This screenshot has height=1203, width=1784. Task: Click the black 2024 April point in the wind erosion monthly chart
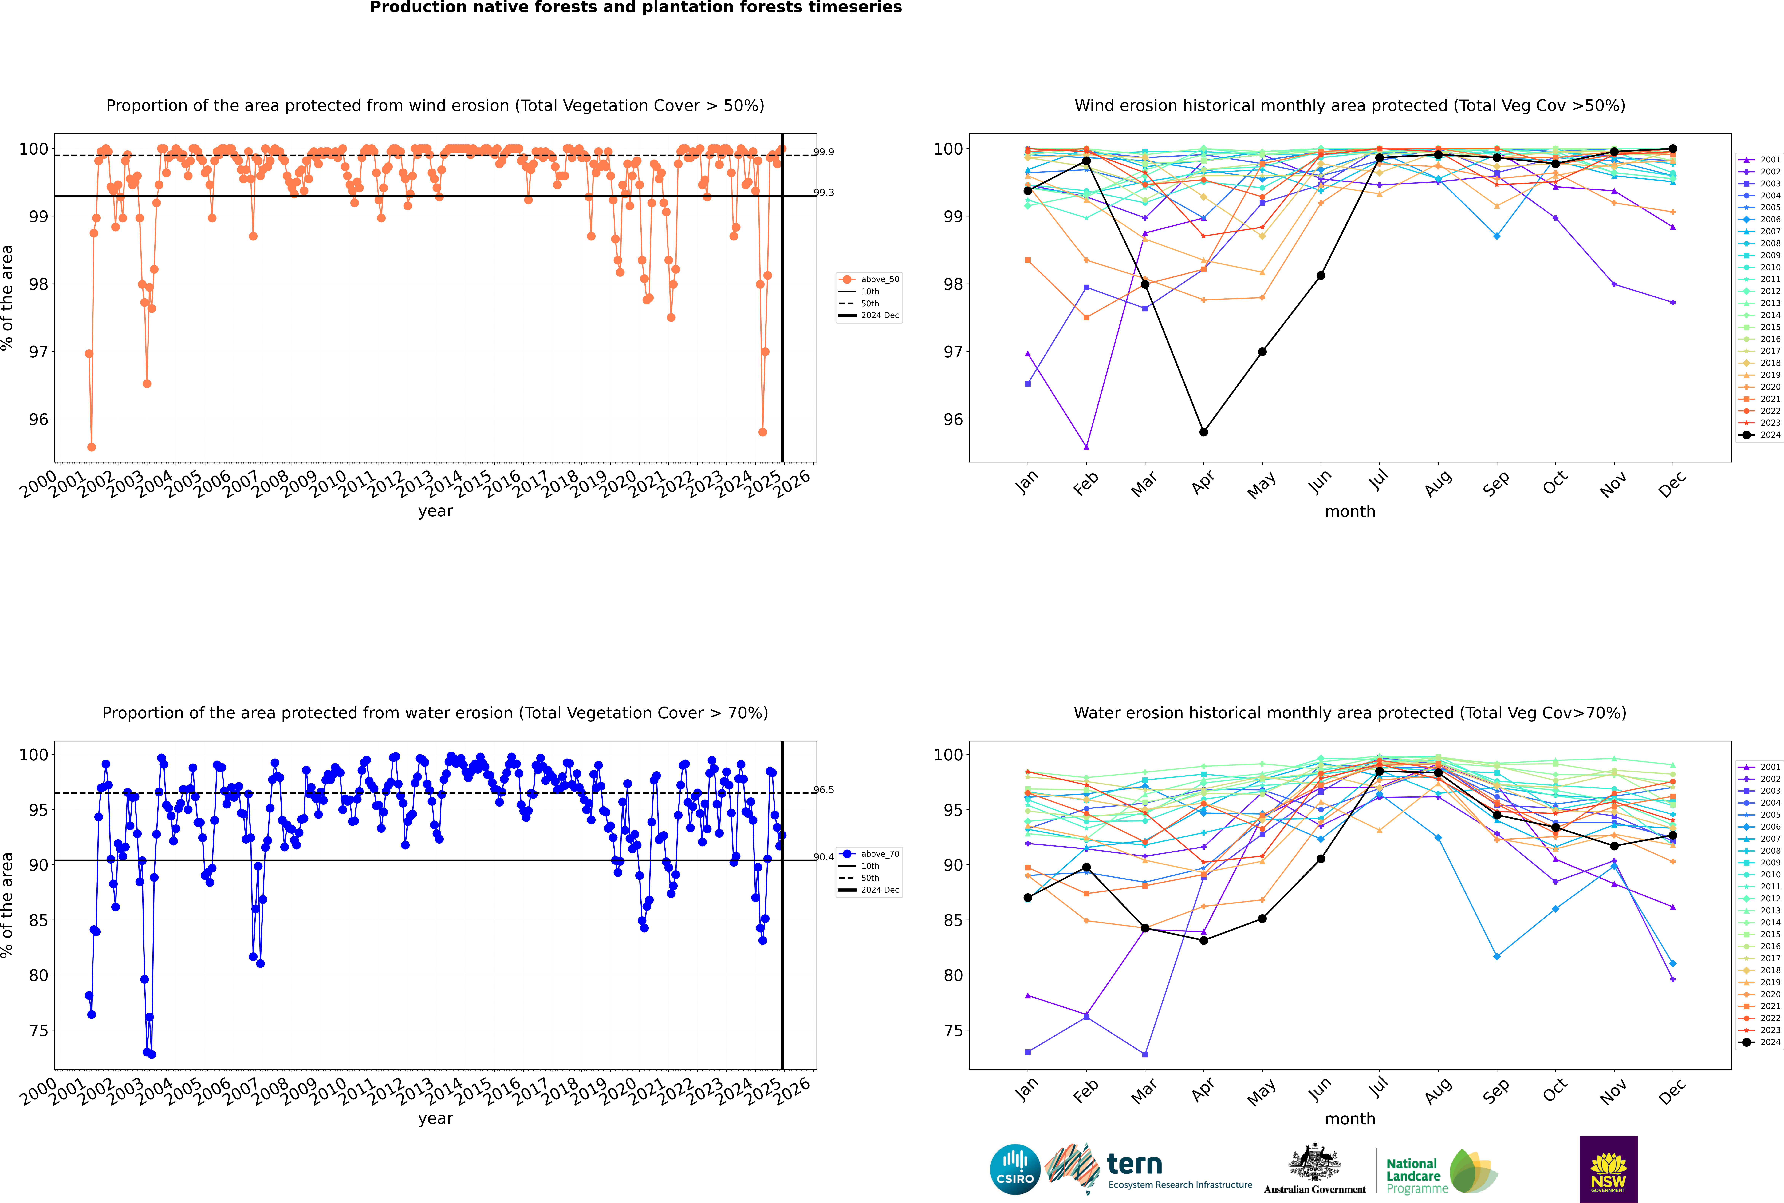(1203, 432)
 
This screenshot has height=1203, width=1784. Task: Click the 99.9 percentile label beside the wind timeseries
(824, 152)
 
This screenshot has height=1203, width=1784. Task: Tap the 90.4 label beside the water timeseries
(824, 857)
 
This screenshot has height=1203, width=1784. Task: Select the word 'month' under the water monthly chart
(1350, 1119)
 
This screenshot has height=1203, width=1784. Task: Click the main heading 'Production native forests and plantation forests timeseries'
(636, 8)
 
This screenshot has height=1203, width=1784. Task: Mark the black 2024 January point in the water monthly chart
(1028, 898)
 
